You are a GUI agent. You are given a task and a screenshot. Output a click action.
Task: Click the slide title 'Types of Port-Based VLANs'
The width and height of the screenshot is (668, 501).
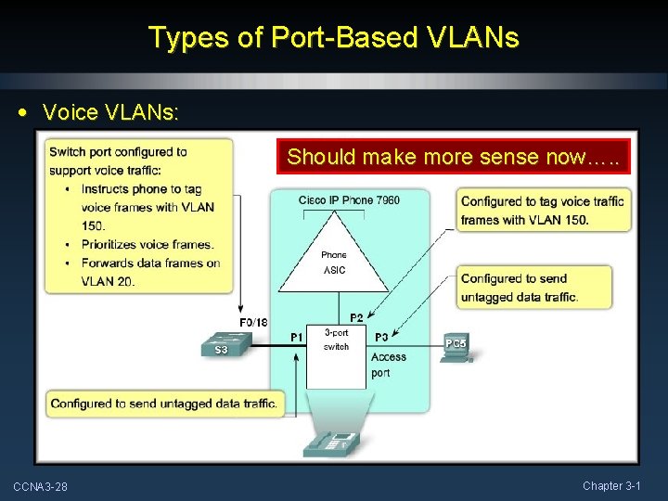334,37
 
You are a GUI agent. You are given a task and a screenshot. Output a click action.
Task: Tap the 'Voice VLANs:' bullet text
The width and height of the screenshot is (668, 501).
111,112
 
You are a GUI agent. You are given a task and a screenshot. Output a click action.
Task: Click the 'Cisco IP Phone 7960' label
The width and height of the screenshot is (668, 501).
349,200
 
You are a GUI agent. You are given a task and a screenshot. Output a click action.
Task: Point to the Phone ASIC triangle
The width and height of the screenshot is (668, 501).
334,260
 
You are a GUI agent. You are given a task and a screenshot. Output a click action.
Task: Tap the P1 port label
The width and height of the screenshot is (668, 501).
297,338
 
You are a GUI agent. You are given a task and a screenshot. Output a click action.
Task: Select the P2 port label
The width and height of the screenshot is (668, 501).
356,318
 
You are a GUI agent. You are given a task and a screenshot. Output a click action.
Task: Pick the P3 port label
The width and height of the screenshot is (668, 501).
381,338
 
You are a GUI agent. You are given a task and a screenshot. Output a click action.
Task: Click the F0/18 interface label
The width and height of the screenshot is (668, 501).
253,323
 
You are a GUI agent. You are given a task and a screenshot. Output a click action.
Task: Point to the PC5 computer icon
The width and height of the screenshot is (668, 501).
456,347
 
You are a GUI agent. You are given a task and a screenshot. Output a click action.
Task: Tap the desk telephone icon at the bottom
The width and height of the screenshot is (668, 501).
330,443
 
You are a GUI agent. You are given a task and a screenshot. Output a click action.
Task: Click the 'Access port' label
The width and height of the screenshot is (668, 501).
388,365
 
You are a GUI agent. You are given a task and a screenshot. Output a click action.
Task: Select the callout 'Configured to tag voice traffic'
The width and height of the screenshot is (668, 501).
543,211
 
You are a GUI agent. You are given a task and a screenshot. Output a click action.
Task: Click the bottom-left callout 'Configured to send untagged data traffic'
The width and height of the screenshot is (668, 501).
164,404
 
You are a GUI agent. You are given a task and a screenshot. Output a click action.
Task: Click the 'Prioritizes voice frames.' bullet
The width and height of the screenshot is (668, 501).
147,245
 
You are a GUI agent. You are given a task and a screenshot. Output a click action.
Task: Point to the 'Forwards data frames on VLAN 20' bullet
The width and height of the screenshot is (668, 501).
148,272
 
